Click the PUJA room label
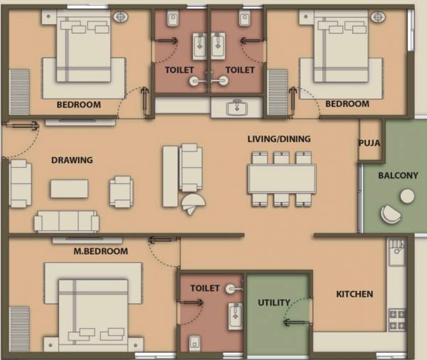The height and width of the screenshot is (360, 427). pyautogui.click(x=369, y=143)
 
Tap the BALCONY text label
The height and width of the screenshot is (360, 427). pyautogui.click(x=398, y=174)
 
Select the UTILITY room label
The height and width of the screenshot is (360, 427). pyautogui.click(x=274, y=302)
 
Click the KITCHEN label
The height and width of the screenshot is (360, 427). pyautogui.click(x=354, y=294)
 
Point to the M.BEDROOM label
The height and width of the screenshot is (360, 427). pyautogui.click(x=101, y=251)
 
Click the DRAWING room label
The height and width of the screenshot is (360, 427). pyautogui.click(x=72, y=160)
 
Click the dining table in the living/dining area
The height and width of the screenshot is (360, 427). pyautogui.click(x=282, y=179)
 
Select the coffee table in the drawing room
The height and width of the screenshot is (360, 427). pyautogui.click(x=69, y=189)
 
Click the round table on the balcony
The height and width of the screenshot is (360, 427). pyautogui.click(x=407, y=196)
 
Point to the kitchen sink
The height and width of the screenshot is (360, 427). pyautogui.click(x=396, y=252)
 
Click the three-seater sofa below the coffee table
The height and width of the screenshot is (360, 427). pyautogui.click(x=67, y=221)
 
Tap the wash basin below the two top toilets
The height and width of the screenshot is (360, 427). pyautogui.click(x=236, y=107)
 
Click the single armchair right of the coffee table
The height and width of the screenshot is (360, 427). pyautogui.click(x=121, y=191)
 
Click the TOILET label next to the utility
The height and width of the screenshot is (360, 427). pyautogui.click(x=205, y=288)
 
